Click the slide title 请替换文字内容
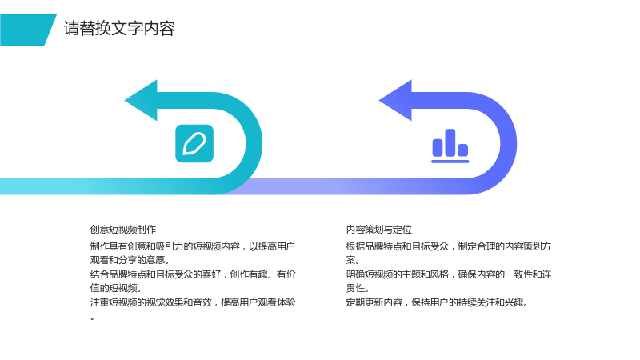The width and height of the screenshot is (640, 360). (x=119, y=29)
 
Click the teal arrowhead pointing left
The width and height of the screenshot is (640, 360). (x=141, y=101)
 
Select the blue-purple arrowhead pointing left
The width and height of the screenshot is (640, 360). (x=395, y=101)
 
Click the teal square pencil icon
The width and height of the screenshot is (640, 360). (x=194, y=144)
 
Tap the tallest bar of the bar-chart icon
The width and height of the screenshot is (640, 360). (x=450, y=142)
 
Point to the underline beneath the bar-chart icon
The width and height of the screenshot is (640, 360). (x=450, y=162)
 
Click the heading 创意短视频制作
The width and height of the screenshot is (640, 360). (x=123, y=230)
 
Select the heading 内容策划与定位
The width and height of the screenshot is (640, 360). (x=378, y=230)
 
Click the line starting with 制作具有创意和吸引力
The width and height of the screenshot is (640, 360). (x=192, y=246)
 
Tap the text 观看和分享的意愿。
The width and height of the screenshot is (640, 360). (x=130, y=260)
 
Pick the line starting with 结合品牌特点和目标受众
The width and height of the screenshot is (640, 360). (x=193, y=274)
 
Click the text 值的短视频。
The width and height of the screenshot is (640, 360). (x=116, y=288)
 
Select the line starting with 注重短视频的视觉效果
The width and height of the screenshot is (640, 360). (x=193, y=302)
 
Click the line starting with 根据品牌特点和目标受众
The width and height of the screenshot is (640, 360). (x=449, y=246)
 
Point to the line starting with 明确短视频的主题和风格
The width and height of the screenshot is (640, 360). (x=449, y=274)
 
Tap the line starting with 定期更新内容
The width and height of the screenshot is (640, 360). (x=437, y=302)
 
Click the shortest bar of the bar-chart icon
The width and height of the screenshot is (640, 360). (x=463, y=150)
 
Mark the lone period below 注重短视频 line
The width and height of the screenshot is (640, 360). (x=93, y=318)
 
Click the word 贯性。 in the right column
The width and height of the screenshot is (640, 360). (x=358, y=288)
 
